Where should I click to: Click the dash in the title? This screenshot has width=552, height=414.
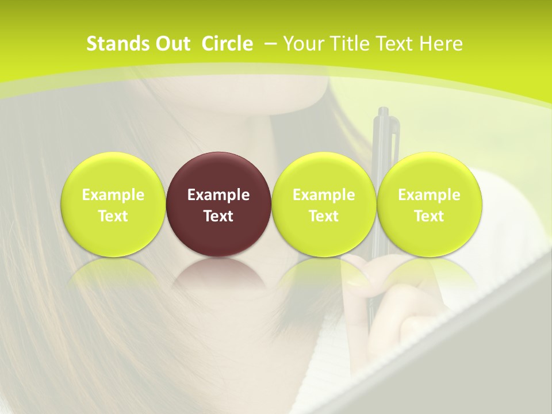[x=269, y=44]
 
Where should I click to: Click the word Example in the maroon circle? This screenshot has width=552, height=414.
[x=218, y=195]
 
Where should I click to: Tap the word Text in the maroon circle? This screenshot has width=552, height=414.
[x=218, y=216]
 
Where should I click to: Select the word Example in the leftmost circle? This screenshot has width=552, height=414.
[x=113, y=195]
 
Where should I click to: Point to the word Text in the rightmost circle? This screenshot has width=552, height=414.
[x=429, y=216]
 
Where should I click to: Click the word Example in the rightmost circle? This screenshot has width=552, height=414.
[x=429, y=195]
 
